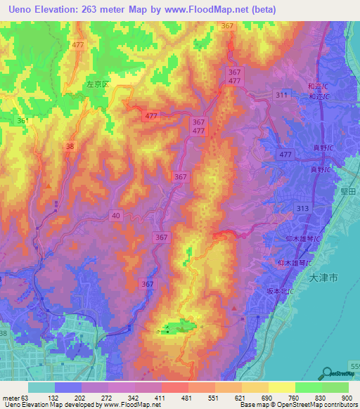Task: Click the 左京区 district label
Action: pyautogui.click(x=98, y=84)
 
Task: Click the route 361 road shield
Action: pyautogui.click(x=24, y=121)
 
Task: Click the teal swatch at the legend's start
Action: pyautogui.click(x=41, y=387)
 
